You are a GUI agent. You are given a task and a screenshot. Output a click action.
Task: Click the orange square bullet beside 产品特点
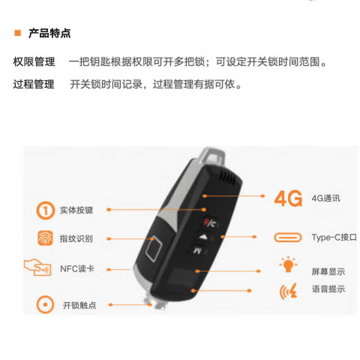click(x=18, y=33)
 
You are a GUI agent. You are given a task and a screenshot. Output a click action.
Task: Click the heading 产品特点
click(x=49, y=33)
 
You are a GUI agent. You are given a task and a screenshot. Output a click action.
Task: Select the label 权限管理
click(x=34, y=62)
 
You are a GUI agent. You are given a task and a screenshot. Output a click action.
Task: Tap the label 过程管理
click(x=34, y=84)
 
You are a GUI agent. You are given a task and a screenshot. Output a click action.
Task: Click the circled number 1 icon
click(x=45, y=210)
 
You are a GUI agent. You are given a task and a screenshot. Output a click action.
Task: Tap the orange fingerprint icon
click(x=45, y=238)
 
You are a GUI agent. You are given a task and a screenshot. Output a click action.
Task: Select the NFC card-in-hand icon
click(x=38, y=267)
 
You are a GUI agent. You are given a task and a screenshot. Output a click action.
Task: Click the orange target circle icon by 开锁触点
click(x=45, y=305)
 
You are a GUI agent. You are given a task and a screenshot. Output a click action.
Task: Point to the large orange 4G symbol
click(x=288, y=198)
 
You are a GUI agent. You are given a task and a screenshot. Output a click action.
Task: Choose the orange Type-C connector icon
click(x=288, y=238)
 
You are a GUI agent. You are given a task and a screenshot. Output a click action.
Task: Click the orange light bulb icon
click(x=288, y=264)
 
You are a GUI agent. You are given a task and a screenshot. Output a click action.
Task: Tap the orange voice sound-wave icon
click(x=288, y=291)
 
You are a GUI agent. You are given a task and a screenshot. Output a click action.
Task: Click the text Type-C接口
click(x=334, y=238)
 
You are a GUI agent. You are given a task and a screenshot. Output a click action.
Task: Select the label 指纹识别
click(x=76, y=239)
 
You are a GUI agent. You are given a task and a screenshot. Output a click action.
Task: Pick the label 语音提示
click(x=328, y=289)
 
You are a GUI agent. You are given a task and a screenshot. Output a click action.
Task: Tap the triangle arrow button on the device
click(x=203, y=237)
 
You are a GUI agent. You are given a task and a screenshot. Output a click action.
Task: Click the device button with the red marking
click(x=209, y=222)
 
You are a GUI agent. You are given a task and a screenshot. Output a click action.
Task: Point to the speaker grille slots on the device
click(x=228, y=177)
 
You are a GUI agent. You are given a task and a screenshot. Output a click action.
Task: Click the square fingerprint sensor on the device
click(x=153, y=248)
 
